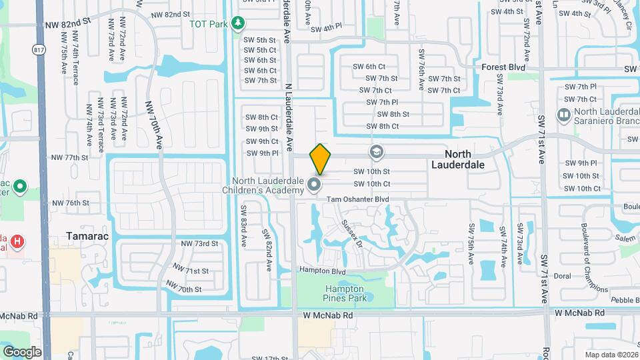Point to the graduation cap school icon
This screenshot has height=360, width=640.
(377, 152)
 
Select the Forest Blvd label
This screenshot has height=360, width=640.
(505, 67)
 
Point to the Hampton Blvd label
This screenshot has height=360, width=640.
(323, 272)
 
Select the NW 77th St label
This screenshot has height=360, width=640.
(69, 158)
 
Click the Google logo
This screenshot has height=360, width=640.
(22, 351)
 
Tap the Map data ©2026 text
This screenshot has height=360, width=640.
(611, 354)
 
